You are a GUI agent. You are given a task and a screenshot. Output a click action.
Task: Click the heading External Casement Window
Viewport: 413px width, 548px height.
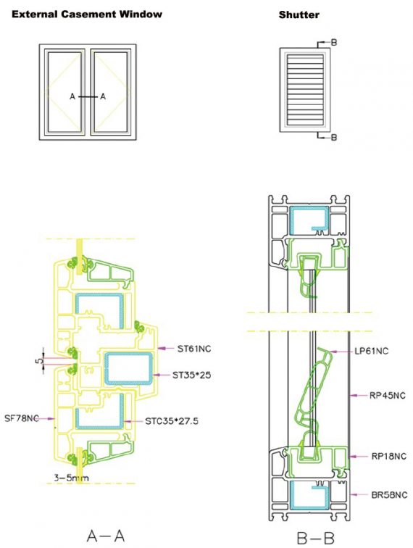coord(87,14)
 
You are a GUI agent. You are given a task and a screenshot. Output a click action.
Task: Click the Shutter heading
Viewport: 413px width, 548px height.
coord(299,15)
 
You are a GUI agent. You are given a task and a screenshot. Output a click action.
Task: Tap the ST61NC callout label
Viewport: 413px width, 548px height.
coord(194,349)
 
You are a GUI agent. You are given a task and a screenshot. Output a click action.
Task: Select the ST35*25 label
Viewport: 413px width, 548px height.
coord(191,375)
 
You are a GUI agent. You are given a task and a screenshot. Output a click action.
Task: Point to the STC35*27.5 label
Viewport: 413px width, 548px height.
coord(172,421)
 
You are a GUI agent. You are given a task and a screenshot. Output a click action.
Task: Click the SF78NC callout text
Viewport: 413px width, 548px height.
coord(21,418)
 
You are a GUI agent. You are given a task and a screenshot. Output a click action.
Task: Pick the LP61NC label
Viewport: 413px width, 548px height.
coord(372,351)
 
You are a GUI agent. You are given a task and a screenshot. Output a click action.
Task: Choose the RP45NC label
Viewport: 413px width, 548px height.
coord(388,396)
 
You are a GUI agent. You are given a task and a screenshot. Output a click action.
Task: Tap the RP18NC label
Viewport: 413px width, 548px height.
coord(389,457)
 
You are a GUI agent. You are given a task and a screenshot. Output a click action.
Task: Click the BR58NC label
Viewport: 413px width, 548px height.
coord(389,495)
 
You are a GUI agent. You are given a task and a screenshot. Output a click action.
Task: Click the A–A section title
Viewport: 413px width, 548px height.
coord(106,536)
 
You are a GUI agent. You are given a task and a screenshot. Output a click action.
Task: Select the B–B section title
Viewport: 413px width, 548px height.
coord(315,538)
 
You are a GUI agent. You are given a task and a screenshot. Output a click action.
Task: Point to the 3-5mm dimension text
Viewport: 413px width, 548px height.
coord(71,478)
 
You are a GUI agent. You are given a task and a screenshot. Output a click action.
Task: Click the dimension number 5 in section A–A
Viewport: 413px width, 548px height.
coord(39,360)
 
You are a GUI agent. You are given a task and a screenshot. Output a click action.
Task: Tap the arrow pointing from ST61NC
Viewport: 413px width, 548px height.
coord(166,348)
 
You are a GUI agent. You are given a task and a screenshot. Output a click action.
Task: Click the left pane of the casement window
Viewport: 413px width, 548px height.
coord(65,92)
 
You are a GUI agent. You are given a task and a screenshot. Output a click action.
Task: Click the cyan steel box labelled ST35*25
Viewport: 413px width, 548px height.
coord(129,369)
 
